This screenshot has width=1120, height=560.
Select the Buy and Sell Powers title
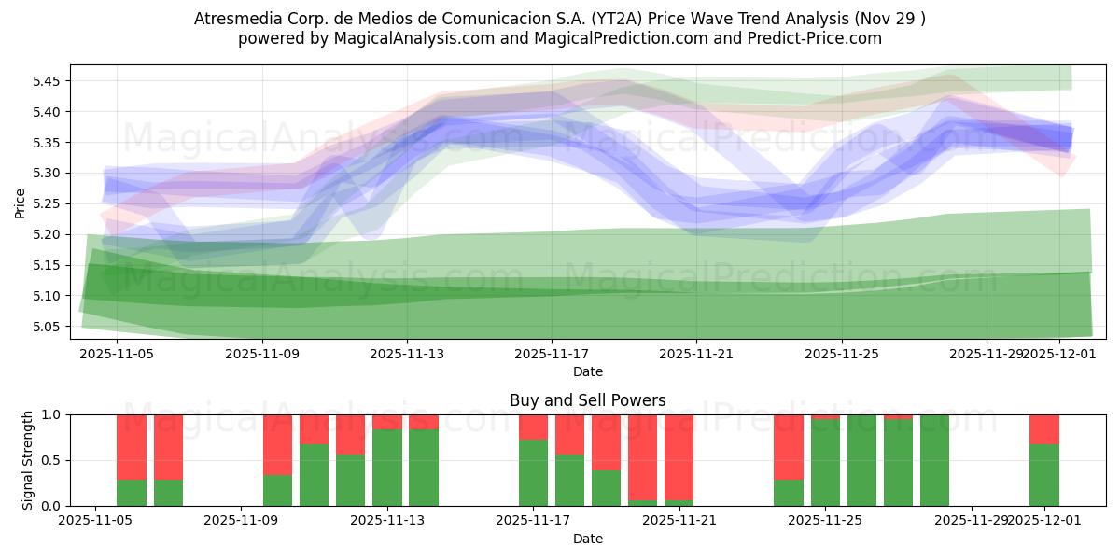587,400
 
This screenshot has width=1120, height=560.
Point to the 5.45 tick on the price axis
47,81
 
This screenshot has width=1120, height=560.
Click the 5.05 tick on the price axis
47,327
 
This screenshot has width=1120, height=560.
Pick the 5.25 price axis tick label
47,203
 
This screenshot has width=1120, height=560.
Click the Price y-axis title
21,203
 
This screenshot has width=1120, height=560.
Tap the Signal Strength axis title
28,460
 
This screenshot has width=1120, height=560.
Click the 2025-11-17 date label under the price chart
552,354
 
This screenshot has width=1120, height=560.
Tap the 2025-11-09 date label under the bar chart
242,520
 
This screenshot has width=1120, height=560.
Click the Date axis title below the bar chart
587,539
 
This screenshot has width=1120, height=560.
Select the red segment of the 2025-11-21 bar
679,457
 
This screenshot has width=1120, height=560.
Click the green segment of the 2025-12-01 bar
1044,475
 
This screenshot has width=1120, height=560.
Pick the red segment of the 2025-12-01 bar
1044,429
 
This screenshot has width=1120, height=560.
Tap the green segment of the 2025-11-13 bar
387,468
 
